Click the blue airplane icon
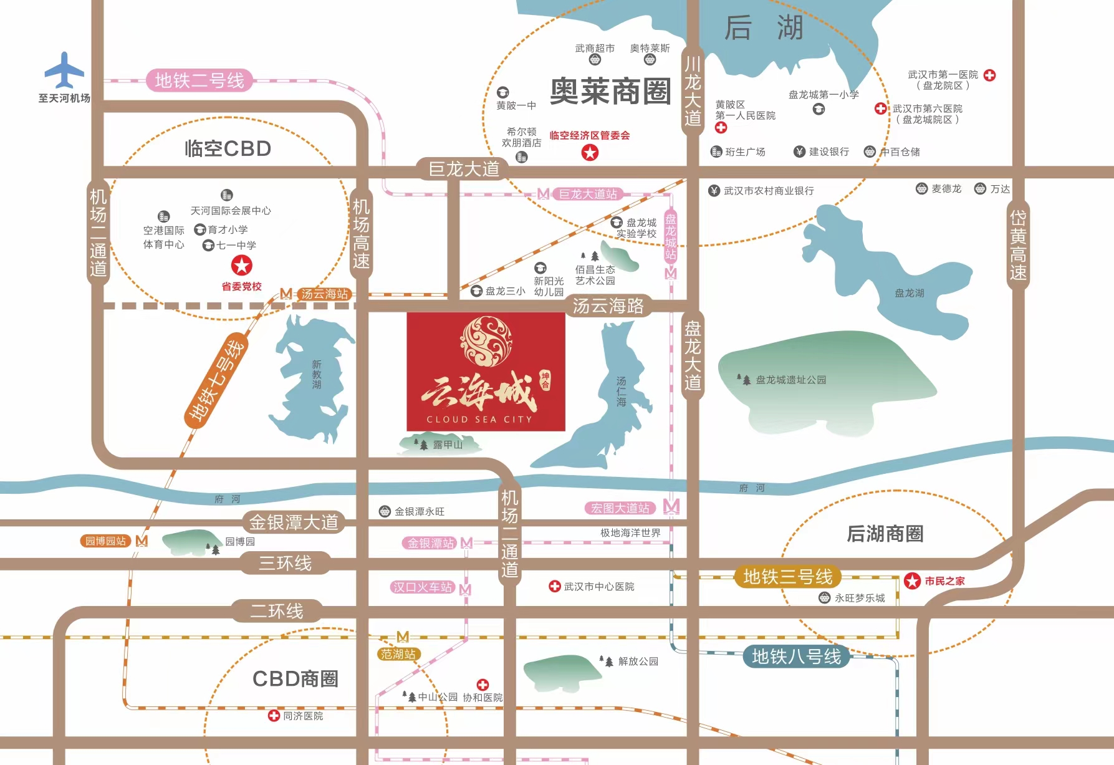[64, 70]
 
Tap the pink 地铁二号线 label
[199, 80]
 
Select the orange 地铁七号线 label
[216, 381]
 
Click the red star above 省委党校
[242, 266]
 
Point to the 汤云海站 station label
[324, 294]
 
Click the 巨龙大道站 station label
[588, 194]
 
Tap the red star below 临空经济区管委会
[590, 152]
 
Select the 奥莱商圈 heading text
[610, 92]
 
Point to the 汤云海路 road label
[608, 306]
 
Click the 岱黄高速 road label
[1017, 245]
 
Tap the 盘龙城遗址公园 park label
[790, 380]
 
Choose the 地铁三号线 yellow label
[787, 577]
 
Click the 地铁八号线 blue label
[796, 657]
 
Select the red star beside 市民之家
[912, 581]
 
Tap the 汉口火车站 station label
[423, 587]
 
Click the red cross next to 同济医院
[274, 716]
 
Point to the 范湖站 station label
[398, 654]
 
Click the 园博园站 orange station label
[105, 541]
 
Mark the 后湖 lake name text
[764, 28]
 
